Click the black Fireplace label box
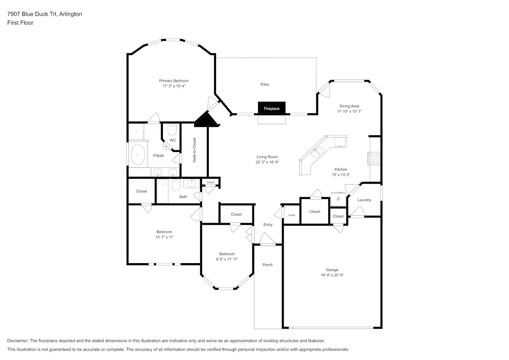pyautogui.click(x=271, y=108)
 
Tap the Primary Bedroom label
pyautogui.click(x=174, y=81)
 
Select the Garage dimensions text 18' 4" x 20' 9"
pyautogui.click(x=332, y=275)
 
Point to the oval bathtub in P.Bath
pyautogui.click(x=138, y=154)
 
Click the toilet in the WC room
pyautogui.click(x=172, y=130)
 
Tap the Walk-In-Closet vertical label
pyautogui.click(x=194, y=150)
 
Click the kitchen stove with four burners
pyautogui.click(x=374, y=158)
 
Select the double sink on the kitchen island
pyautogui.click(x=317, y=153)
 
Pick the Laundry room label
pyautogui.click(x=364, y=200)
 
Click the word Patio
pyautogui.click(x=265, y=84)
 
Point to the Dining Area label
pyautogui.click(x=349, y=106)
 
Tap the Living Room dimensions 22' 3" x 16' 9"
pyautogui.click(x=267, y=162)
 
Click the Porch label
pyautogui.click(x=267, y=265)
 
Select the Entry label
pyautogui.click(x=268, y=225)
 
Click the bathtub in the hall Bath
pyautogui.click(x=163, y=191)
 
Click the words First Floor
pyautogui.click(x=20, y=23)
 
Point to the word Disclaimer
pyautogui.click(x=18, y=341)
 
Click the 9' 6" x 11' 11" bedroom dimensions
pyautogui.click(x=227, y=259)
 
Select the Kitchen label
pyautogui.click(x=341, y=169)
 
